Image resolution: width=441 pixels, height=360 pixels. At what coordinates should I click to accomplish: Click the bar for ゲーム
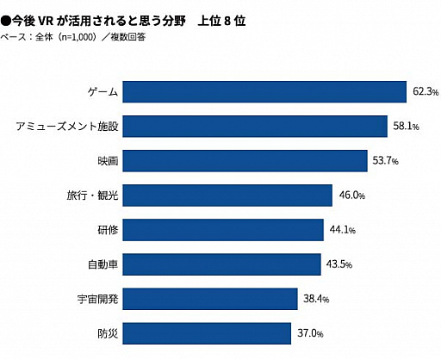[x=264, y=91]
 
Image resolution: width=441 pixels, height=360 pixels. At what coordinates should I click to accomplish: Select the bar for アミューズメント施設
[x=255, y=127]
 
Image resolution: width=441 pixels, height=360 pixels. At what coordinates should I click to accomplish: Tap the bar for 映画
[x=245, y=161]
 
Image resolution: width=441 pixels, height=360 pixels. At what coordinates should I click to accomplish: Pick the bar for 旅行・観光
[x=227, y=196]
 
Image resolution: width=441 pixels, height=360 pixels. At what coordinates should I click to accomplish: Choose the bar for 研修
[x=223, y=230]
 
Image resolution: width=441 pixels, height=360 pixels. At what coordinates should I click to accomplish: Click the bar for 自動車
[x=222, y=264]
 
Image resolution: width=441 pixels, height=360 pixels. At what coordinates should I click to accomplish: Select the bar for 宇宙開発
[x=210, y=299]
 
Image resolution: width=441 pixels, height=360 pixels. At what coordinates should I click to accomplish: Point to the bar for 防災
[x=208, y=333]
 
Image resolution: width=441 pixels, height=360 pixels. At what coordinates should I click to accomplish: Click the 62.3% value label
[x=425, y=91]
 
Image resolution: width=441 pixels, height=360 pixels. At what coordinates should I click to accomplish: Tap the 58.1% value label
[x=406, y=127]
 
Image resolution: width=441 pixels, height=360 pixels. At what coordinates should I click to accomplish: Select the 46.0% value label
[x=352, y=196]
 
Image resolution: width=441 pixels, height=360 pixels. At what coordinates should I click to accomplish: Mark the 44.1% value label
[x=343, y=230]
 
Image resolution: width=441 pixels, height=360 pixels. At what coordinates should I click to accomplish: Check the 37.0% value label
[x=310, y=333]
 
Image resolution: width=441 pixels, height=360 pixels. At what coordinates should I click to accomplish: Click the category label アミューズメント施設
[x=66, y=127]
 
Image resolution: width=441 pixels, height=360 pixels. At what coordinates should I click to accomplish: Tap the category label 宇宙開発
[x=96, y=299]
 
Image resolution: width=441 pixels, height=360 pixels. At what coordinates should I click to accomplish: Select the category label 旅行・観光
[x=92, y=196]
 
